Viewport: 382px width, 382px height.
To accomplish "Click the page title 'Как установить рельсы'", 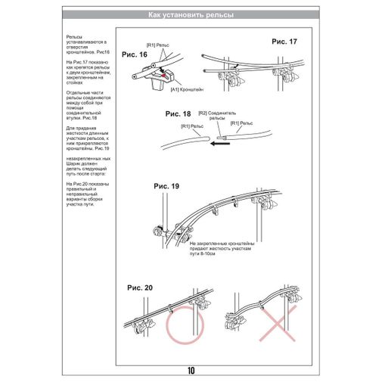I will point(191,15).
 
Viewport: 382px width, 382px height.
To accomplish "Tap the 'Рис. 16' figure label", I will point(134,54).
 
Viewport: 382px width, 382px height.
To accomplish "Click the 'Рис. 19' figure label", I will point(166,185).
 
